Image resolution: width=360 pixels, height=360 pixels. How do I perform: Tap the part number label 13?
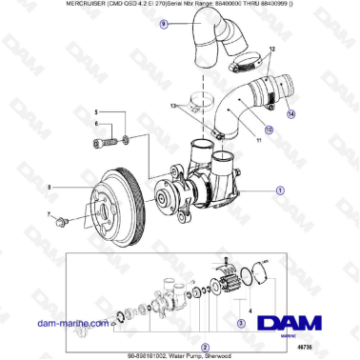(x=172, y=108)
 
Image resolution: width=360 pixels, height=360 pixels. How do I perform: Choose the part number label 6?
(x=94, y=124)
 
